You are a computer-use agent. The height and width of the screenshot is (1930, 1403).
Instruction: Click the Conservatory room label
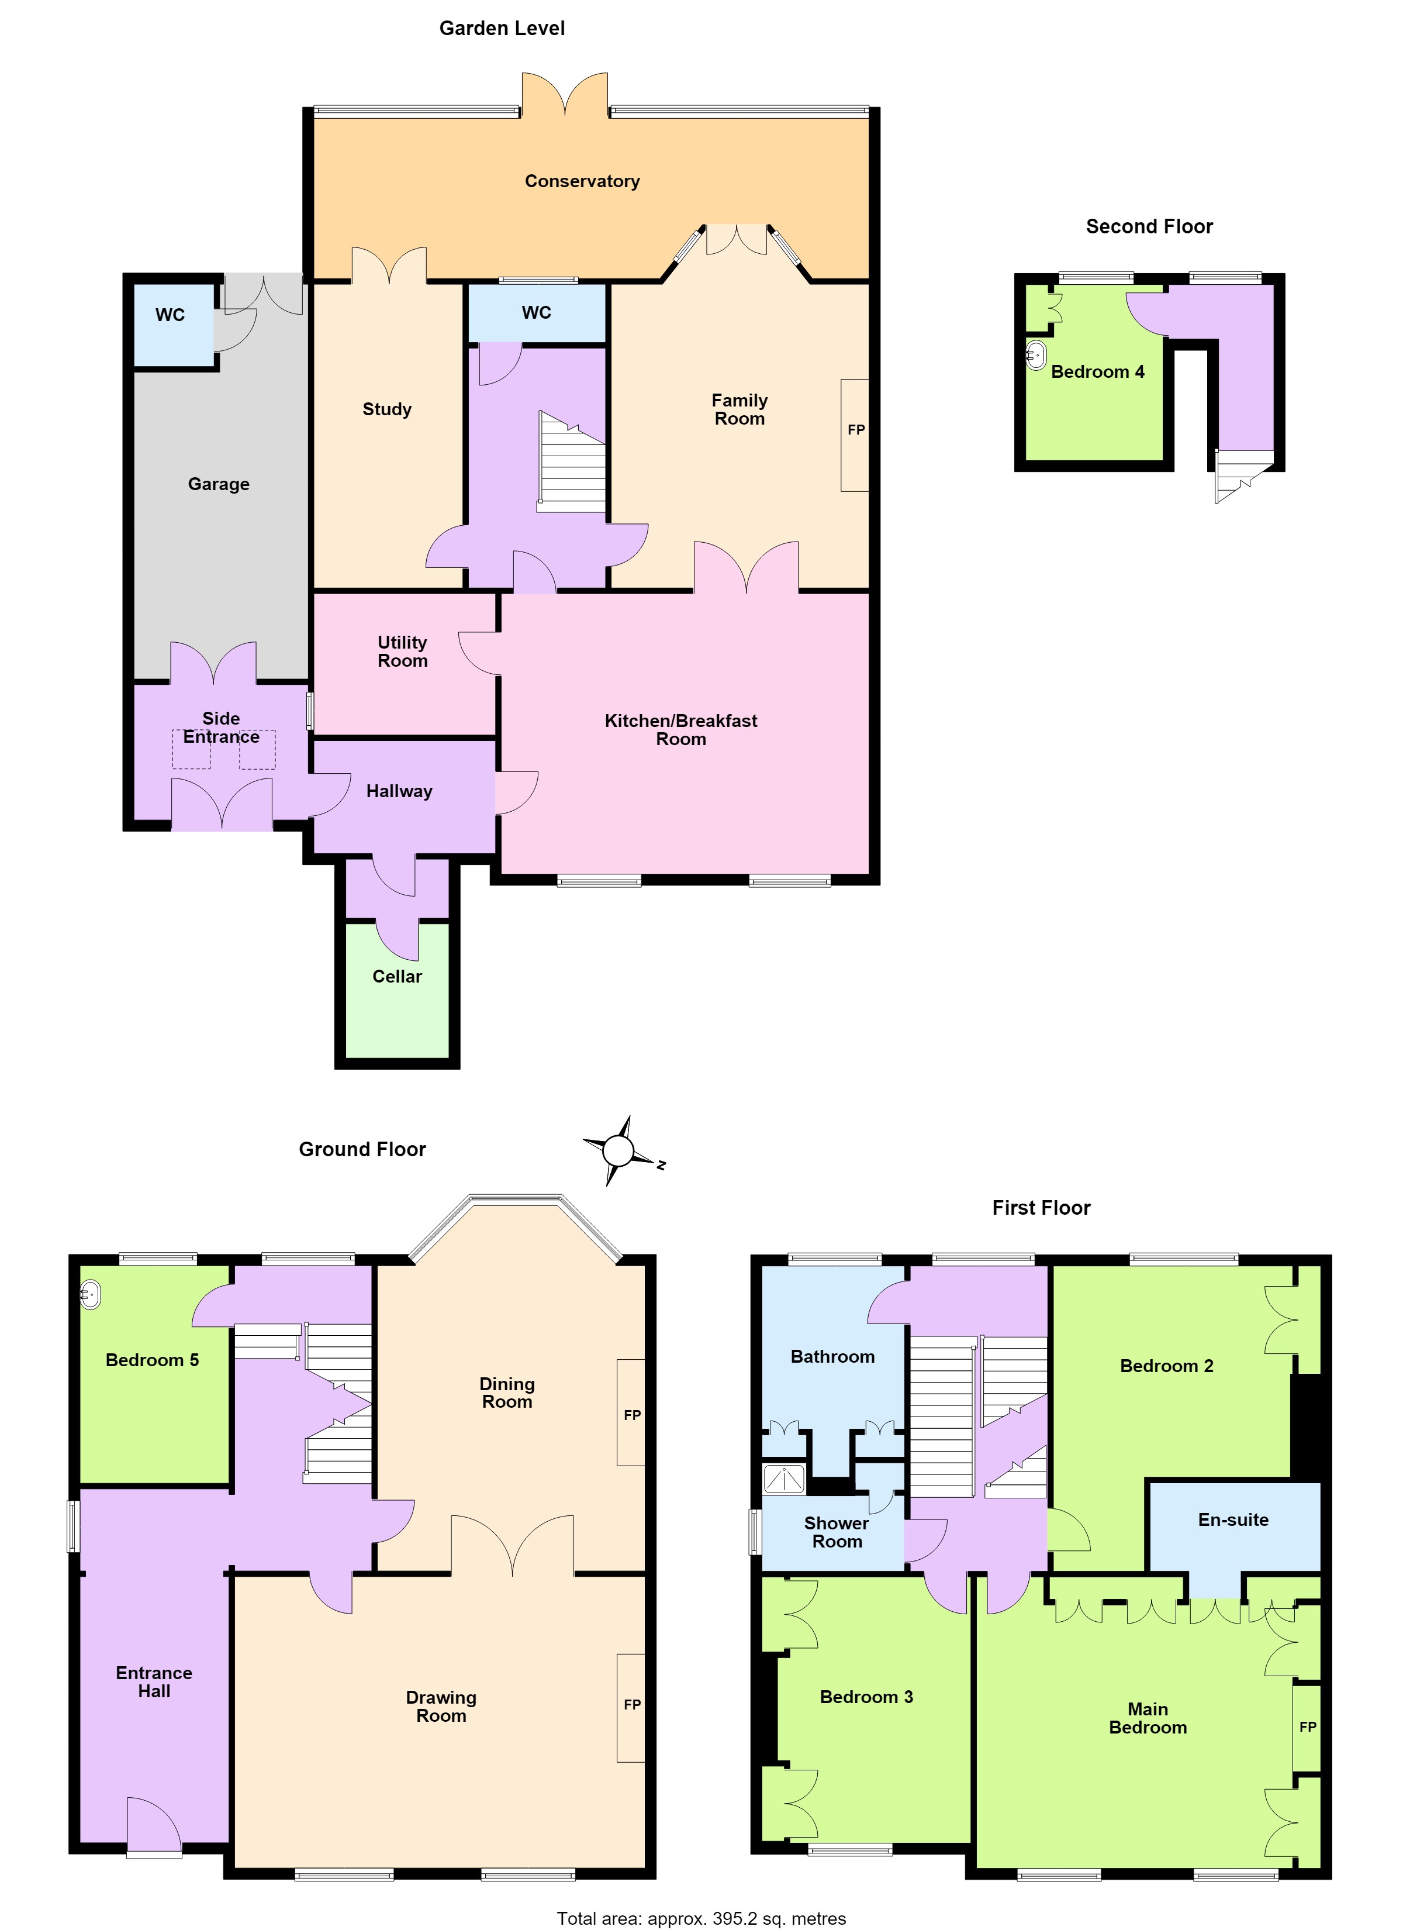click(x=582, y=181)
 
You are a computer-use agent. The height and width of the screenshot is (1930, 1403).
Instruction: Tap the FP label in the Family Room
click(x=856, y=430)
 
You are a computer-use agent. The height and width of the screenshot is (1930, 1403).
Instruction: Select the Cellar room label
click(x=396, y=976)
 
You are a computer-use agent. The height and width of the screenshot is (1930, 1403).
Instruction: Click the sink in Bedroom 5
click(x=89, y=1295)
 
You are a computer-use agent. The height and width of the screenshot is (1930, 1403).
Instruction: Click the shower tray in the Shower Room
click(x=783, y=1479)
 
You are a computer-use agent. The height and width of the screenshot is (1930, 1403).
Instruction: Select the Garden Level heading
click(x=502, y=28)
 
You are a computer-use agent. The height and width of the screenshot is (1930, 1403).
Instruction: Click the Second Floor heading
click(x=1149, y=226)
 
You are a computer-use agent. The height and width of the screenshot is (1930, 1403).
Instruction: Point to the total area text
click(x=701, y=1918)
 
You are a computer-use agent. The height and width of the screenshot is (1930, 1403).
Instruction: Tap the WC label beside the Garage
click(x=170, y=315)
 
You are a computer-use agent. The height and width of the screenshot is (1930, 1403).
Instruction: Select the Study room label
click(x=387, y=409)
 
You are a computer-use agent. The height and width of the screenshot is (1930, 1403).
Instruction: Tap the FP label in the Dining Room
click(x=632, y=1415)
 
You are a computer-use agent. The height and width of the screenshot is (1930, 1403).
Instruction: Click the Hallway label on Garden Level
click(x=399, y=791)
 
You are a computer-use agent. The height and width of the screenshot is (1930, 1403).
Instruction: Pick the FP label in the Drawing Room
click(x=632, y=1704)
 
